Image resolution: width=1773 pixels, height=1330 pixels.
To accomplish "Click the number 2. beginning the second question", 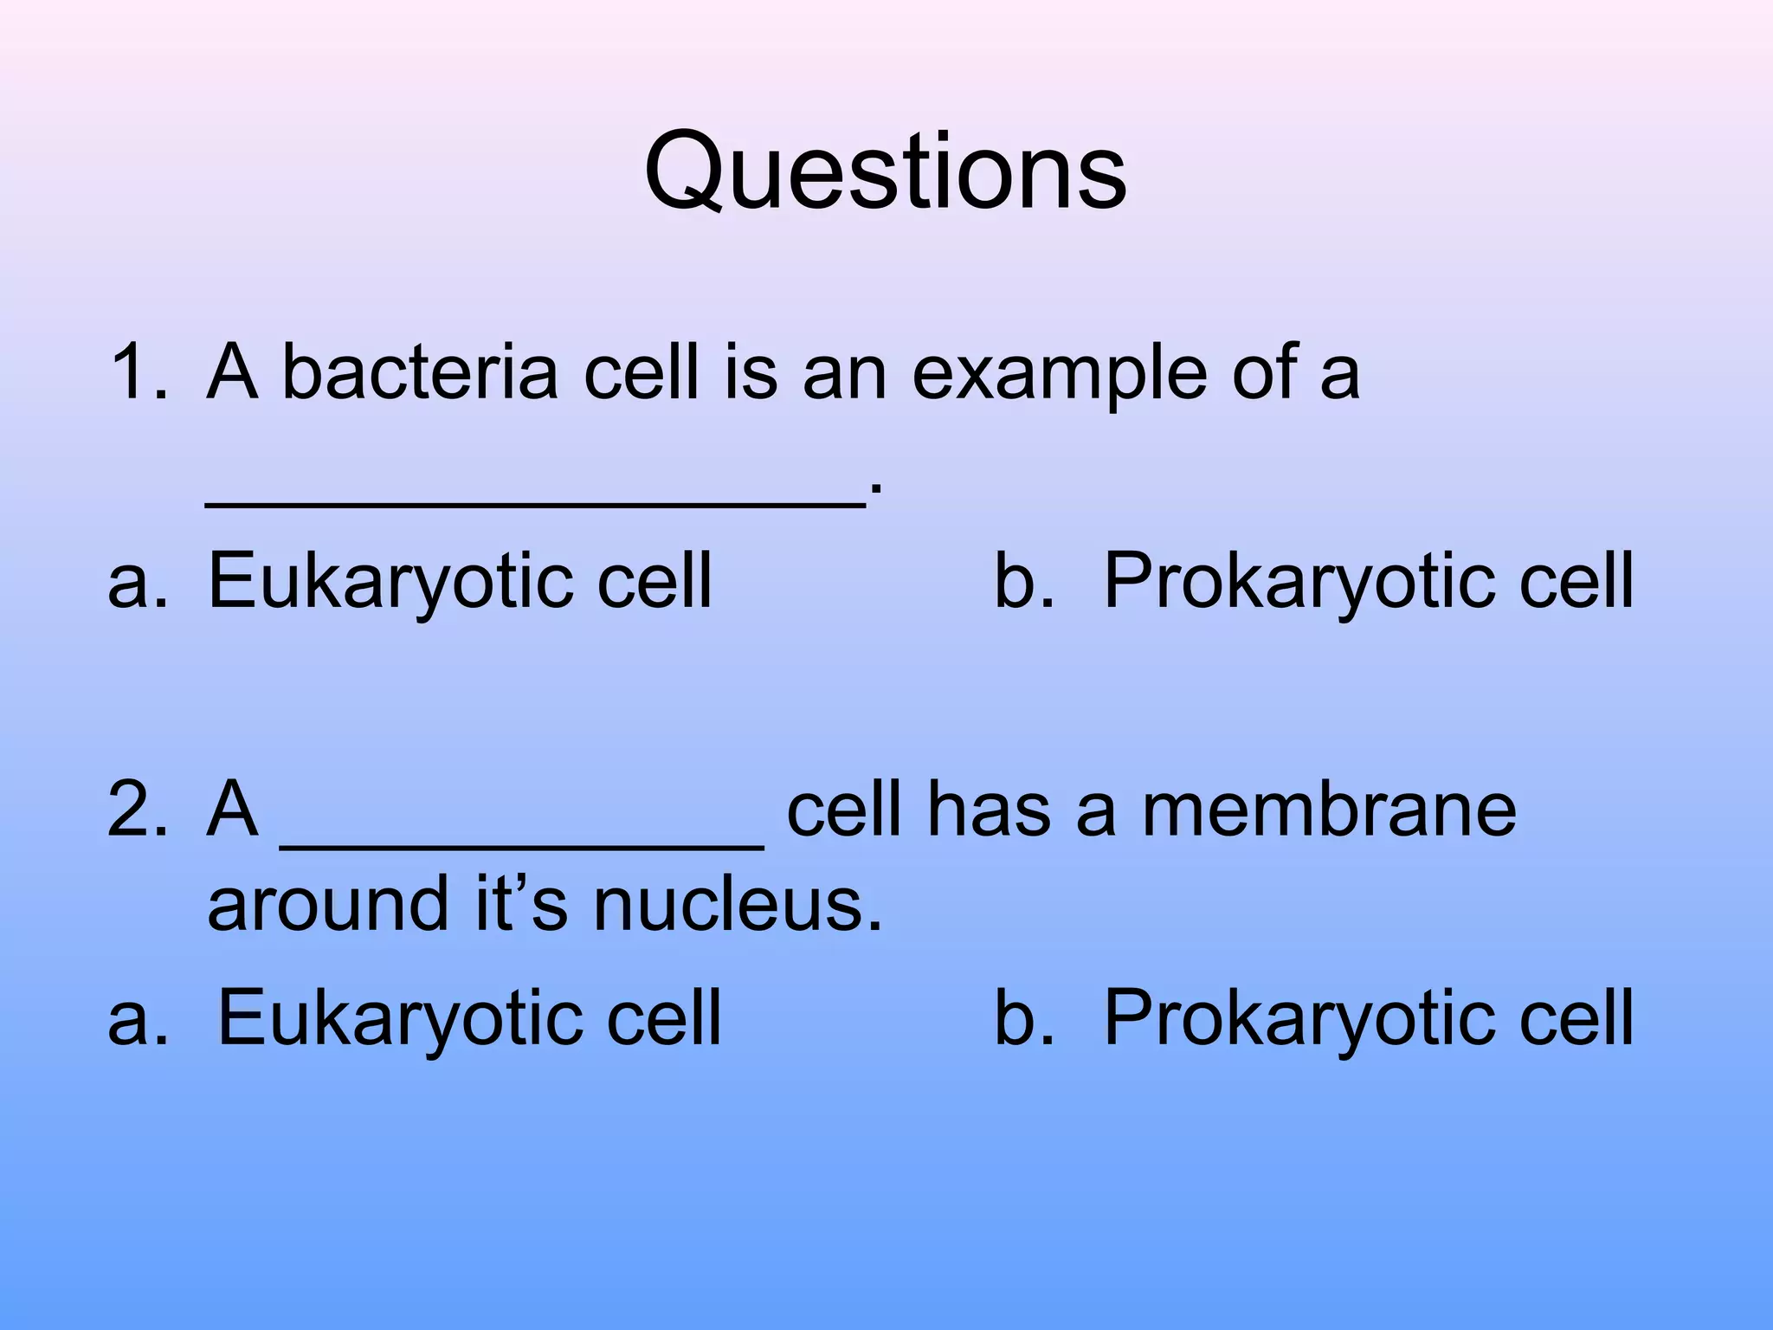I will [139, 810].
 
